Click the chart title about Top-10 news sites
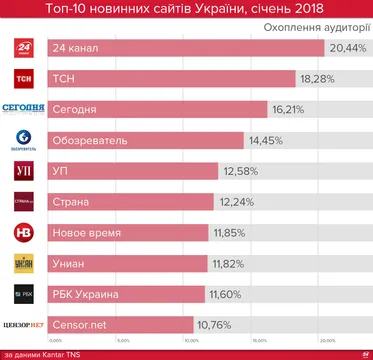coord(186,10)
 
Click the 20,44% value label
coord(347,49)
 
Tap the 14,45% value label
coord(269,141)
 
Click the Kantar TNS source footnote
coord(40,353)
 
